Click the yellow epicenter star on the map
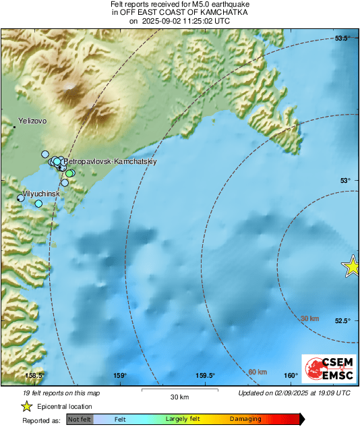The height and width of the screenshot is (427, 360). tap(352, 266)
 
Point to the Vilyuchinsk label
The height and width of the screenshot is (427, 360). tap(41, 194)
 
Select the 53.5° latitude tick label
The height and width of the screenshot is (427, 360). tap(343, 38)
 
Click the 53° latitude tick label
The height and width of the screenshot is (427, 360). tap(344, 180)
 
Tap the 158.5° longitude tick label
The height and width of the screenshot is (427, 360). tap(34, 376)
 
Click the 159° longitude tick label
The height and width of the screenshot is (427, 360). tap(121, 376)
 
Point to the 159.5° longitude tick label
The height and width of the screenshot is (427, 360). tap(206, 376)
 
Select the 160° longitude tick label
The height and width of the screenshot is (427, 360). tap(291, 376)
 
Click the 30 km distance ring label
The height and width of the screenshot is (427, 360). tap(309, 318)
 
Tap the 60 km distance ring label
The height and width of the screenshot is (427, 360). tap(258, 372)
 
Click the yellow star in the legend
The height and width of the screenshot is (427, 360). tap(26, 406)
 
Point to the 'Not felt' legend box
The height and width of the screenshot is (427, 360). tap(80, 420)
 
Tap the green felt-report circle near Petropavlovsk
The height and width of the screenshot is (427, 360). tap(69, 174)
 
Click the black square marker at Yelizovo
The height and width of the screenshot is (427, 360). tap(14, 126)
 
